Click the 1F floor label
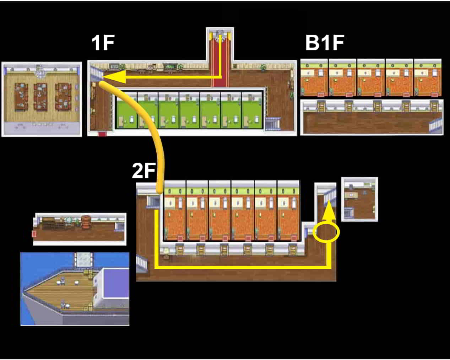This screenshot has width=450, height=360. point(103,43)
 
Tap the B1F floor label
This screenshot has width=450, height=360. point(324,43)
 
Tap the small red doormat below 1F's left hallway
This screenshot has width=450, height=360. point(102,134)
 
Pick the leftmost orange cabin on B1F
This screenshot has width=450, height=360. point(314,78)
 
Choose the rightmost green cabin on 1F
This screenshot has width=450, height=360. point(252,110)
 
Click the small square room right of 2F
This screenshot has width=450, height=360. point(359,199)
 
